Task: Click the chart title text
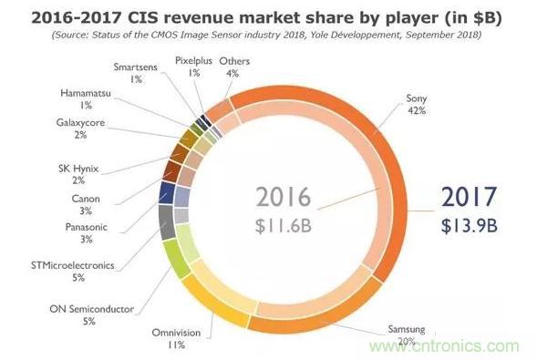[266, 17]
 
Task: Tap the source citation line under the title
[266, 35]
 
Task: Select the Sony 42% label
[417, 105]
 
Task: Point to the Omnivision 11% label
[176, 339]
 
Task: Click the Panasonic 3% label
[87, 233]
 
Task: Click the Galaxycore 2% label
[80, 129]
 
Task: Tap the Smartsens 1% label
[135, 73]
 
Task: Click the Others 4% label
[234, 67]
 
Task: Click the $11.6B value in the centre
[284, 226]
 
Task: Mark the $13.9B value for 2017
[470, 226]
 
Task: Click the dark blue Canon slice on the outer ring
[167, 193]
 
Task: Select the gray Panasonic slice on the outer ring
[167, 222]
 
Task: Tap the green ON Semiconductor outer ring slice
[176, 258]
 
